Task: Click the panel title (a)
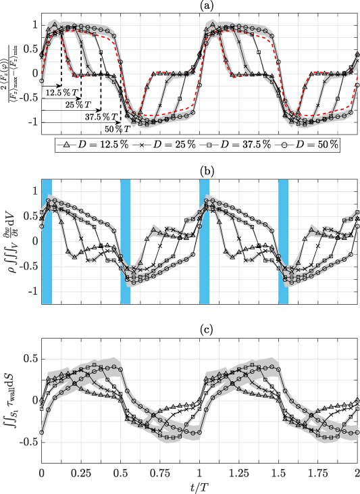(200, 5)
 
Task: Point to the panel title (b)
(200, 170)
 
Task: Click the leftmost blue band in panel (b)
(47, 241)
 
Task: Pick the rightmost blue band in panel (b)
(284, 241)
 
